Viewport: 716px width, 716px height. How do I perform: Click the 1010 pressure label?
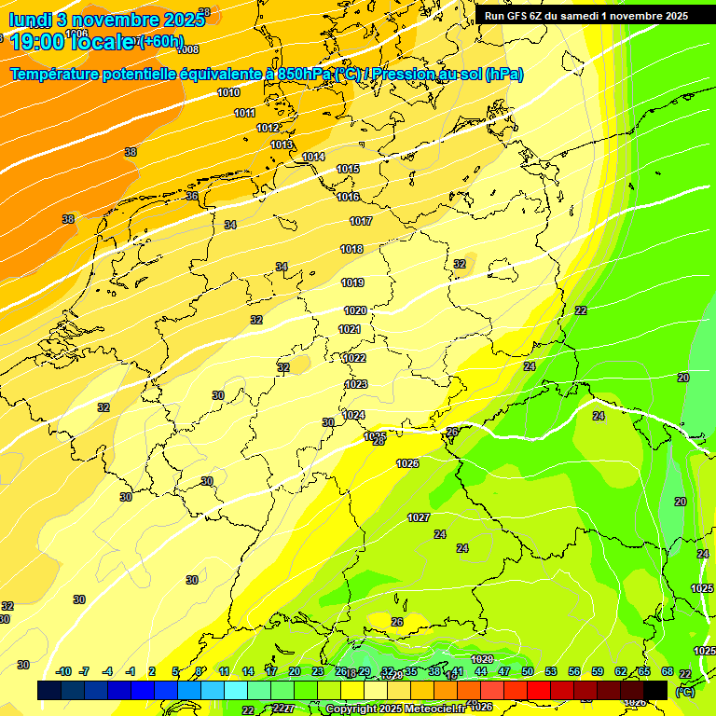click(228, 92)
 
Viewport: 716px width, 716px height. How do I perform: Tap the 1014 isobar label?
click(313, 157)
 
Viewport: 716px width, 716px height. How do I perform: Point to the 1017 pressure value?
click(361, 221)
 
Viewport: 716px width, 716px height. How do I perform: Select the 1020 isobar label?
click(355, 310)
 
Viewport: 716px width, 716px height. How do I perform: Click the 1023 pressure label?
click(356, 384)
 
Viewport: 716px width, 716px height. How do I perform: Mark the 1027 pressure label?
click(419, 517)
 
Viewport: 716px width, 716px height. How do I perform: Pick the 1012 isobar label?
click(268, 128)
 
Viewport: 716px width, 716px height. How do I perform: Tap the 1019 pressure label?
click(352, 282)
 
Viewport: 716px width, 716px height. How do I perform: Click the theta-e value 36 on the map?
click(191, 196)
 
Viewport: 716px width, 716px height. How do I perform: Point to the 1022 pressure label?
click(354, 358)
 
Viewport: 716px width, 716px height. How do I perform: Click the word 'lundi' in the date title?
click(30, 20)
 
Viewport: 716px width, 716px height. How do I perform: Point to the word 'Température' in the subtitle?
click(62, 75)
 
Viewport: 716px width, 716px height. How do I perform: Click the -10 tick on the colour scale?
click(63, 671)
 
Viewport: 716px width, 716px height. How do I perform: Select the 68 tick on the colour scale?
click(668, 671)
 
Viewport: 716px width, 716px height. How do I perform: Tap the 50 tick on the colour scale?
click(527, 671)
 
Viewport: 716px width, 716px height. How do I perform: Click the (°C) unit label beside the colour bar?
click(684, 691)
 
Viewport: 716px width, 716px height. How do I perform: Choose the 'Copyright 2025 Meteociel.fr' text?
click(396, 709)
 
